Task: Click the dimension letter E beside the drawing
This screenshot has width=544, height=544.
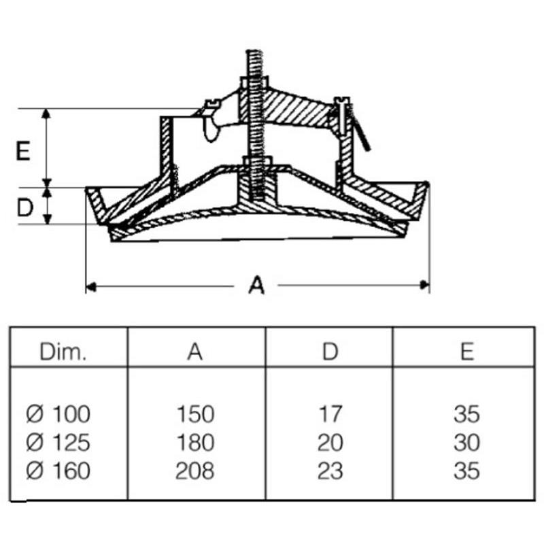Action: click(23, 151)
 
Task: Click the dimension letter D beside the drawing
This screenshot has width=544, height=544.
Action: click(24, 208)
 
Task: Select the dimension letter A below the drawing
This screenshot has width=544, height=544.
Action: click(256, 286)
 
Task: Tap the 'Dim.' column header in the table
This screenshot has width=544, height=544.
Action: click(63, 352)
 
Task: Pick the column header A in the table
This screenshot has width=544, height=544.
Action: click(195, 352)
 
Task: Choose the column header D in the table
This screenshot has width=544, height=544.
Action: click(330, 352)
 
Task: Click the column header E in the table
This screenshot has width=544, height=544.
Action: click(466, 352)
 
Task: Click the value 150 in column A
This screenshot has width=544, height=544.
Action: click(195, 413)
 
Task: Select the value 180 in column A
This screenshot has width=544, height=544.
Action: click(195, 442)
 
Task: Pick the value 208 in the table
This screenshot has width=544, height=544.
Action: click(195, 471)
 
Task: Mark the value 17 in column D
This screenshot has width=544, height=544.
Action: click(330, 413)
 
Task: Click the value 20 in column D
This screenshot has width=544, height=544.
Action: click(330, 442)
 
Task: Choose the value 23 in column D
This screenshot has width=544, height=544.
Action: click(330, 471)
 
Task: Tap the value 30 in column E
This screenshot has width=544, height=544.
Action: click(466, 442)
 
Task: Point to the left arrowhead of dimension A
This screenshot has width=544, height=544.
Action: click(89, 287)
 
